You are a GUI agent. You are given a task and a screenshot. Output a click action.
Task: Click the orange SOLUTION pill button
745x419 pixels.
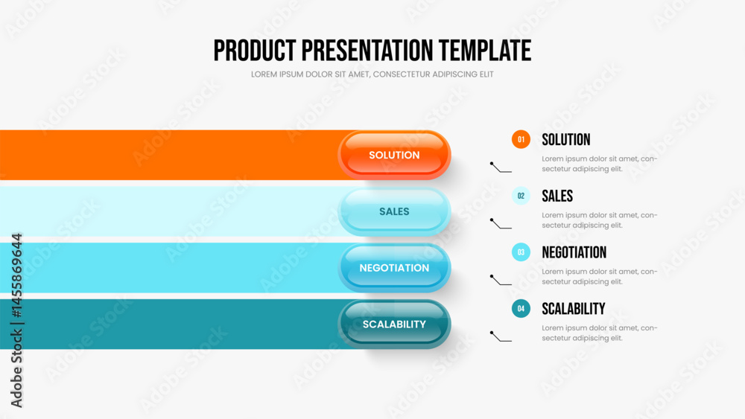pyautogui.click(x=394, y=155)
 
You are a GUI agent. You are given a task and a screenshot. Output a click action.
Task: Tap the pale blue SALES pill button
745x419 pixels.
pyautogui.click(x=394, y=211)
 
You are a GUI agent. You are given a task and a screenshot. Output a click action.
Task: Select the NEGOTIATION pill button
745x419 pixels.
pyautogui.click(x=394, y=268)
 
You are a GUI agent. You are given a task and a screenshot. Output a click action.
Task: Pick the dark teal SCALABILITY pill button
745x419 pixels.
pyautogui.click(x=394, y=324)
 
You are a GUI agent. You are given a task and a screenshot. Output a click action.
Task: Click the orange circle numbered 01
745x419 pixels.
pyautogui.click(x=521, y=139)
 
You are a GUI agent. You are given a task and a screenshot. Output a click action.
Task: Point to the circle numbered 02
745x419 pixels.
pyautogui.click(x=521, y=196)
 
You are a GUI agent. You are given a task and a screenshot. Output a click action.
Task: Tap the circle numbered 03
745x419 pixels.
pyautogui.click(x=521, y=252)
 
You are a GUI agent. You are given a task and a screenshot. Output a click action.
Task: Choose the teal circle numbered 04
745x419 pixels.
pyautogui.click(x=521, y=308)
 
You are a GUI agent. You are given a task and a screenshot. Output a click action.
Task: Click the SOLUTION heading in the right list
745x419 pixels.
pyautogui.click(x=566, y=139)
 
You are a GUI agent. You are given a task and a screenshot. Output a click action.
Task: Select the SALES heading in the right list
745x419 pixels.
pyautogui.click(x=557, y=196)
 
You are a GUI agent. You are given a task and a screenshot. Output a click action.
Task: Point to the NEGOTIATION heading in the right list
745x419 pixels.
pyautogui.click(x=574, y=252)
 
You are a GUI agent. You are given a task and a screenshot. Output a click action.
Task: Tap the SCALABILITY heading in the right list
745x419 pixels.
pyautogui.click(x=574, y=309)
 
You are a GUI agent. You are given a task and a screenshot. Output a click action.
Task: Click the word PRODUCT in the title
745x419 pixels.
pyautogui.click(x=254, y=51)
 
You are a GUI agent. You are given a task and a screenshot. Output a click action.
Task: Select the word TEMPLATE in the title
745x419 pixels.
pyautogui.click(x=485, y=51)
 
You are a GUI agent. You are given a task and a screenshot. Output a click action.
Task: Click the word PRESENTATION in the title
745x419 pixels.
pyautogui.click(x=367, y=51)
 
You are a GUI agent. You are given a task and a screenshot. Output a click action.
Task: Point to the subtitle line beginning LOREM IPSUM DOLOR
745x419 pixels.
pyautogui.click(x=372, y=74)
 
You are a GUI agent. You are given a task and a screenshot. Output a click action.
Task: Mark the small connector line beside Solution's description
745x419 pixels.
pyautogui.click(x=501, y=167)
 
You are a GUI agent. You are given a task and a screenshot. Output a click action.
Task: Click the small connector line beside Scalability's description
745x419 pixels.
pyautogui.click(x=501, y=336)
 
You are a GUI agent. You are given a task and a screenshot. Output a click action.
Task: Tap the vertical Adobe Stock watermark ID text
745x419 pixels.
pyautogui.click(x=16, y=320)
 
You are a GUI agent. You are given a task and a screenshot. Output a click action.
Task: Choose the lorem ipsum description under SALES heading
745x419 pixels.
pyautogui.click(x=600, y=220)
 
